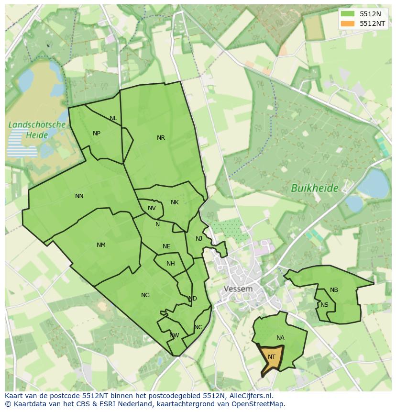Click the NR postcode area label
point(161,138)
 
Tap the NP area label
point(97,134)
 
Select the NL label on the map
point(113,118)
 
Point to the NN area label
point(79,196)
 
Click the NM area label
point(101,245)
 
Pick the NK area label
point(175,202)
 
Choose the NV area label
point(152,208)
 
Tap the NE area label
point(166,246)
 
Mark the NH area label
point(171,264)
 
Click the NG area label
point(145,295)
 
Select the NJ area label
point(199,239)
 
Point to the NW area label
point(174,335)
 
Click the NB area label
point(334,290)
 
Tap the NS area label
point(325,305)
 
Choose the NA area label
point(280,338)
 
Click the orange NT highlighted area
point(271,357)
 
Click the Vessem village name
point(238,289)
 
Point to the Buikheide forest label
point(315,189)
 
